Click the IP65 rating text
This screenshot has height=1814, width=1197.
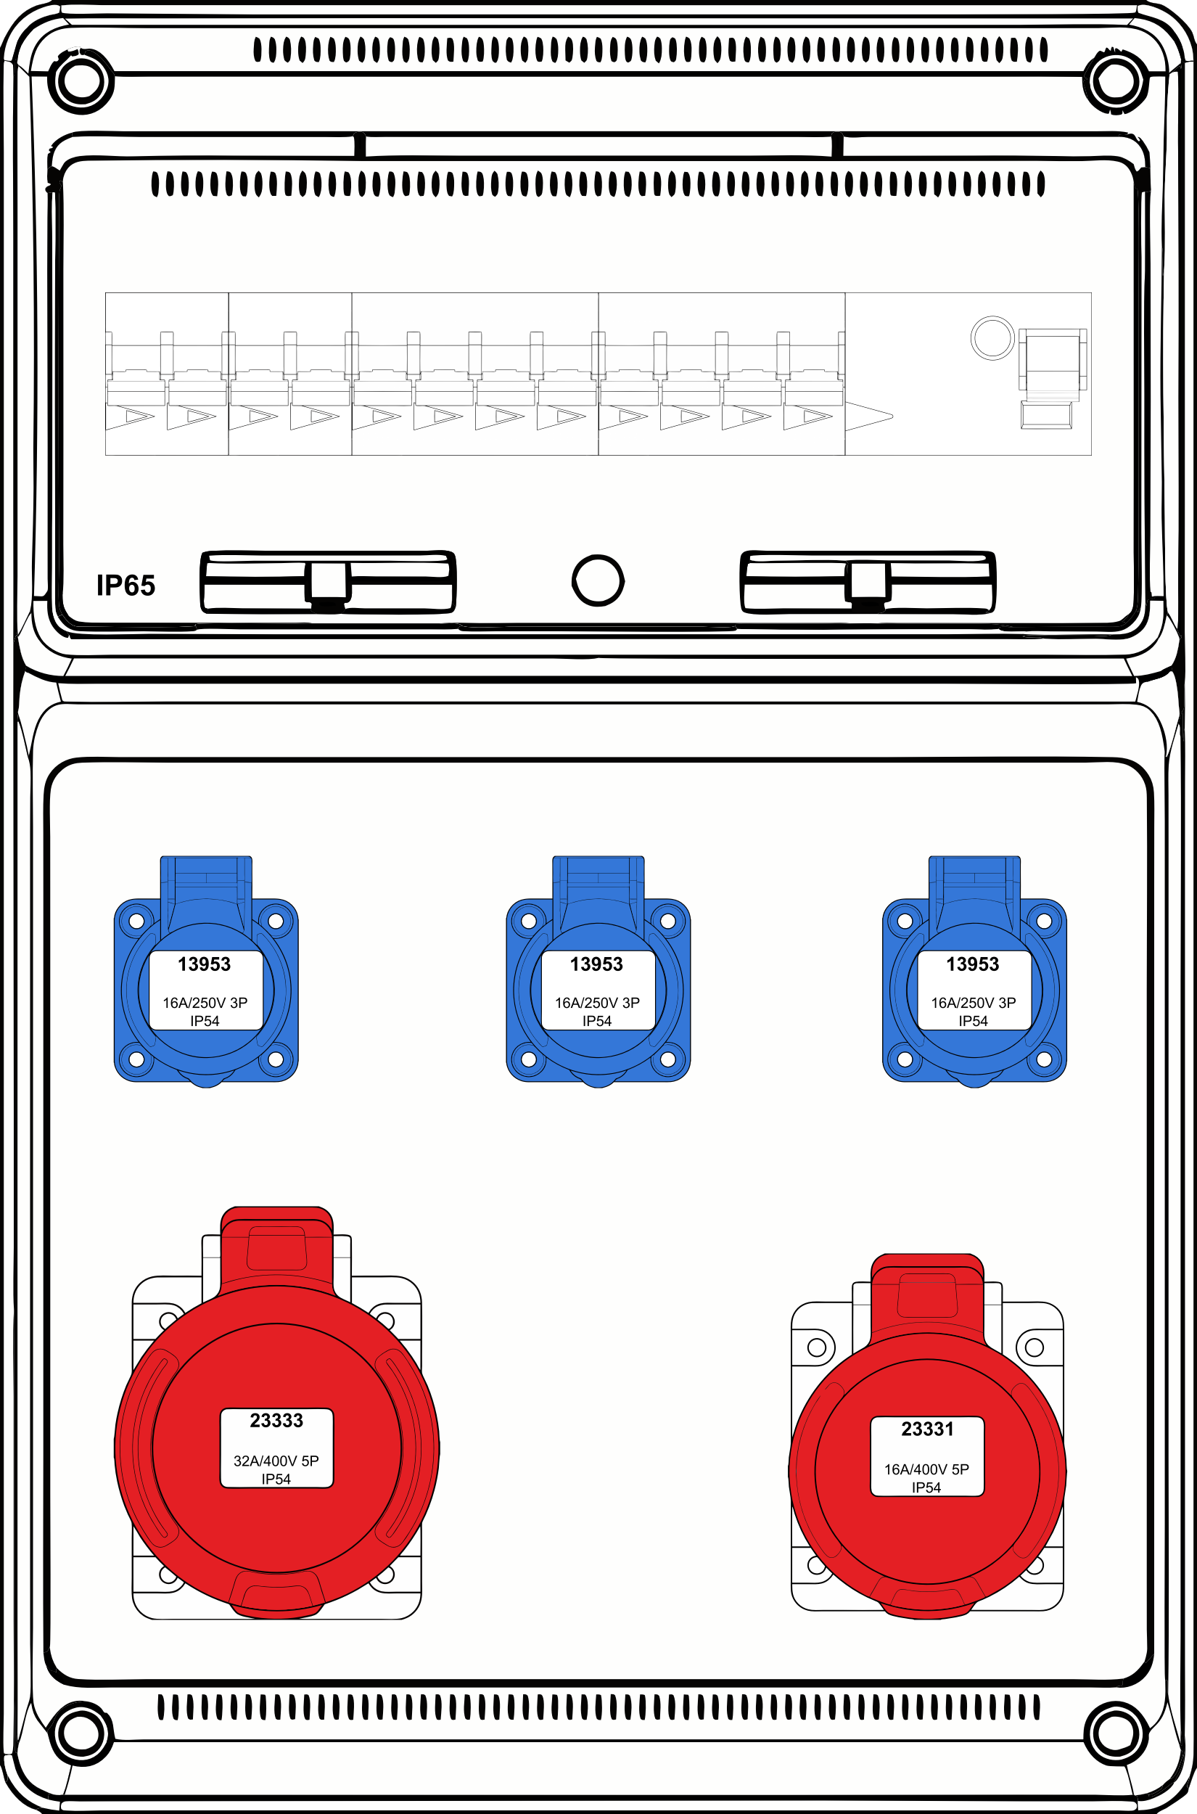pos(126,586)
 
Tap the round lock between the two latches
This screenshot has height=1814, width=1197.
pos(598,580)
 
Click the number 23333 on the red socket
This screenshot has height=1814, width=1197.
pos(276,1420)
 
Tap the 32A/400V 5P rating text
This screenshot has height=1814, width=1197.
pos(276,1461)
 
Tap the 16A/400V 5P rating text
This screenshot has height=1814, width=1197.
pos(926,1469)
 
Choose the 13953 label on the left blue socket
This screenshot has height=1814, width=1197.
pos(205,964)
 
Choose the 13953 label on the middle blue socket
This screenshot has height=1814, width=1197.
pos(597,964)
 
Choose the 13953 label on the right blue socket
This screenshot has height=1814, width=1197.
pos(974,964)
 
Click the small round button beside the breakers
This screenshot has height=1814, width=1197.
pos(992,337)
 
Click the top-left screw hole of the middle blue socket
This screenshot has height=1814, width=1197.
pos(528,921)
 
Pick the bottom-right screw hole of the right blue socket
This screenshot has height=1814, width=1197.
pos(1045,1059)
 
